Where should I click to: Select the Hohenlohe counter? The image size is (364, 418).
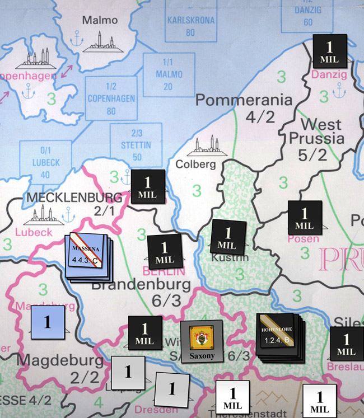pyautogui.click(x=278, y=335)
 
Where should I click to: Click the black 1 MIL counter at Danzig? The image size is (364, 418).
pyautogui.click(x=330, y=51)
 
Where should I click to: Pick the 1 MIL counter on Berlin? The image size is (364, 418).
pyautogui.click(x=165, y=252)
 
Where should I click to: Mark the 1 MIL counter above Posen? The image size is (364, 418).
pyautogui.click(x=305, y=218)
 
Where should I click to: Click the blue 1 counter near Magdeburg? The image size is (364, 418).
pyautogui.click(x=48, y=322)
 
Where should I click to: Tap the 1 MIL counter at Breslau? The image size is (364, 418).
pyautogui.click(x=347, y=343)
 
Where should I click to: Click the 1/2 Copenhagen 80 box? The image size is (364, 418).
pyautogui.click(x=111, y=98)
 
